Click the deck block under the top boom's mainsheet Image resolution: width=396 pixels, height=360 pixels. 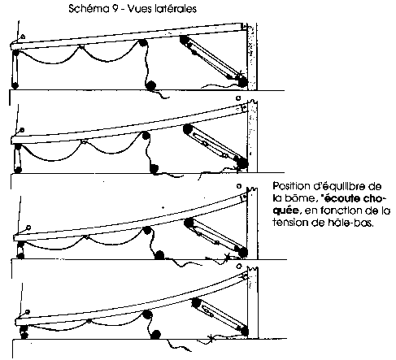pos(151,85)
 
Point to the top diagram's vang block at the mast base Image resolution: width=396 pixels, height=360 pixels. pos(242,81)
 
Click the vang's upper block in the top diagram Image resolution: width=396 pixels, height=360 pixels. pos(185,40)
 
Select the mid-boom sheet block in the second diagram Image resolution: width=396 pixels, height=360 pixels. pos(146,135)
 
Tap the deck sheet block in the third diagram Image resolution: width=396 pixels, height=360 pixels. pos(159,255)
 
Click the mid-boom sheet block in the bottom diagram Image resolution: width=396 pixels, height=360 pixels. pos(147,315)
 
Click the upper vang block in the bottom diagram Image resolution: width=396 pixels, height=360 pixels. pos(196,302)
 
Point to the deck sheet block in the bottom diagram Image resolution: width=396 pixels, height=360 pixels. pos(156,335)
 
